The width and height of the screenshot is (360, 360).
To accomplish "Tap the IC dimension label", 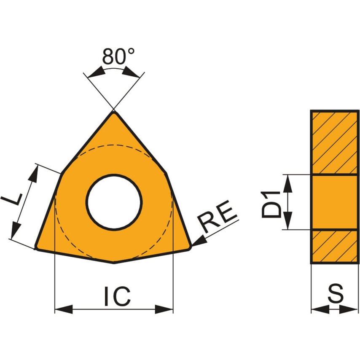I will (118, 297).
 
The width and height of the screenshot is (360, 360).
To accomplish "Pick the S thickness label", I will (336, 293).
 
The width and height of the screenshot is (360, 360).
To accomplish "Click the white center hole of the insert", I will (114, 202).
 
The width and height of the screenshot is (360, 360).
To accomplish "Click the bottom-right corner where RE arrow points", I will (191, 246).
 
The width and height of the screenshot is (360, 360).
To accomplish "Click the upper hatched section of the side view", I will (335, 142).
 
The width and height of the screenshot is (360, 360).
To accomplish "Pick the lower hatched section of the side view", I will (335, 247).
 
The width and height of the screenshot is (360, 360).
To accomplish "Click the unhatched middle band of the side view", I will (335, 202).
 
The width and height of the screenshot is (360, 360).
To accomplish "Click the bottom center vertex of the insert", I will (114, 263).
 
